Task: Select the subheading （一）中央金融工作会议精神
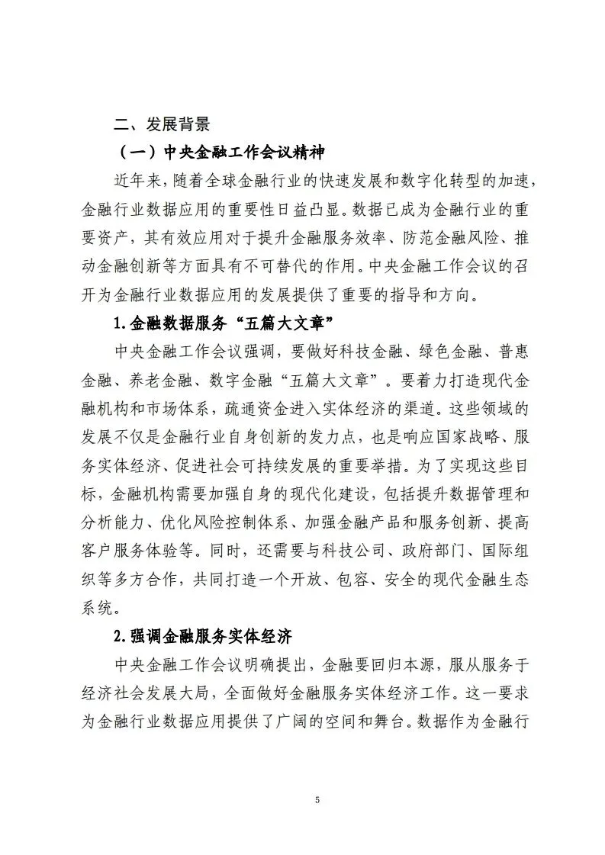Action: coord(221,153)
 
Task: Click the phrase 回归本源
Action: coord(395,664)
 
